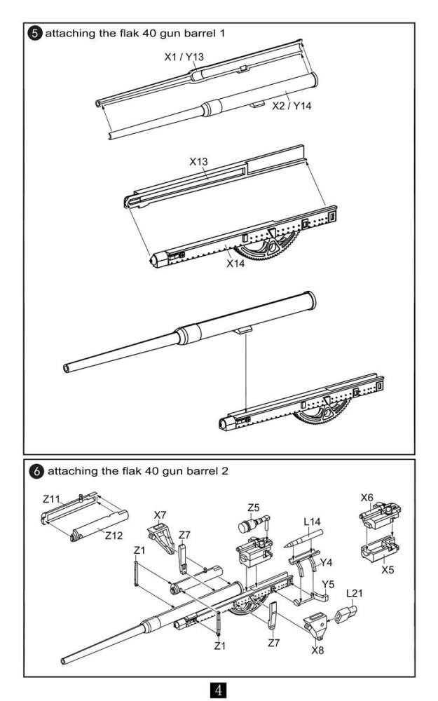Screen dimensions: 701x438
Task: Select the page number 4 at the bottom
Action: (x=219, y=690)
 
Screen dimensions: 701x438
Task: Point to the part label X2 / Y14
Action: (x=291, y=106)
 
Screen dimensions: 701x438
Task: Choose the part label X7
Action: (x=160, y=515)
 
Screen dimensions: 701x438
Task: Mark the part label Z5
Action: (x=254, y=507)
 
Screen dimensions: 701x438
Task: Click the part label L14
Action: (x=313, y=522)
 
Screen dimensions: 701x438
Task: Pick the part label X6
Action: (x=367, y=497)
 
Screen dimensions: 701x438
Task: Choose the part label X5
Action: (x=387, y=570)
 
